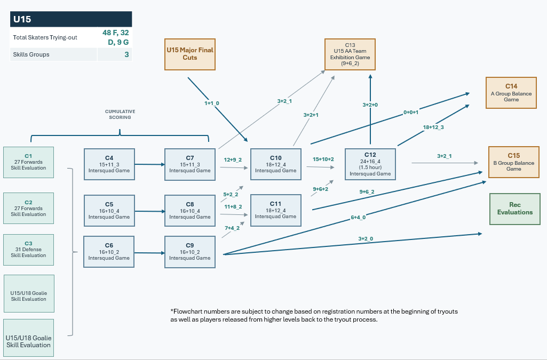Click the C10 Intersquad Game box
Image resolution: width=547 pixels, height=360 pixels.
coord(275,164)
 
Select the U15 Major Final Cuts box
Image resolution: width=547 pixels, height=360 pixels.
coord(190,54)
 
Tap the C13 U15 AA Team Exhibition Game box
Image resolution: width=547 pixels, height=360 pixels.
coord(350,54)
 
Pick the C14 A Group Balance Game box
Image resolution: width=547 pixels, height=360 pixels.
coord(511,93)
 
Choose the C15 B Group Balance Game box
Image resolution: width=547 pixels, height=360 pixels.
coord(513,162)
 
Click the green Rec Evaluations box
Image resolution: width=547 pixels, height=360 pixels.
coord(515,209)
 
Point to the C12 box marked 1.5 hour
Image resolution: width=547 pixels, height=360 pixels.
coord(370,164)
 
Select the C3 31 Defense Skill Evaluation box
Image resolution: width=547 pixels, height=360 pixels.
coord(29,250)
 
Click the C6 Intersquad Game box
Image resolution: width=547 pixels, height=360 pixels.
coord(109,252)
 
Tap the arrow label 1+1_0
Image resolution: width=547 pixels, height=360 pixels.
coord(212,103)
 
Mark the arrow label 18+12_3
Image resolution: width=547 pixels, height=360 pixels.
coord(433,127)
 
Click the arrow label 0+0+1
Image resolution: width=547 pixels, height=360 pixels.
coord(410,112)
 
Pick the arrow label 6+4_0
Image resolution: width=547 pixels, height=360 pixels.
coord(358,218)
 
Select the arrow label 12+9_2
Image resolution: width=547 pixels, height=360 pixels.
coord(233,159)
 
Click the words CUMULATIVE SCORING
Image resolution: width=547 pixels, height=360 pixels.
coord(120,114)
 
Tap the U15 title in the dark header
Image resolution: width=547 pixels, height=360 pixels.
coord(22,19)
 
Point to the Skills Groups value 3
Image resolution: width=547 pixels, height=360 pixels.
coord(126,54)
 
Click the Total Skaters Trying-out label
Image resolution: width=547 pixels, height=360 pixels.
coord(45,37)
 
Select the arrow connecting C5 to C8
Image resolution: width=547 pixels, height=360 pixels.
coord(149,211)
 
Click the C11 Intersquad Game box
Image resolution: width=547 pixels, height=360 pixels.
coord(275,210)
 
